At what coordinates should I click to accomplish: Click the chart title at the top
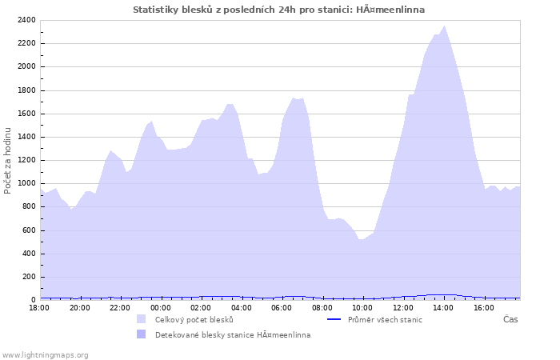(278, 10)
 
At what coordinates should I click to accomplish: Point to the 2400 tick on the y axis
(26, 20)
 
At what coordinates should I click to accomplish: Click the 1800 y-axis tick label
(26, 90)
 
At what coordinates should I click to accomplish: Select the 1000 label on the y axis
(26, 183)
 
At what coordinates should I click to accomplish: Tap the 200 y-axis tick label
(29, 277)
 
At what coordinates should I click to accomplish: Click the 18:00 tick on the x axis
(39, 307)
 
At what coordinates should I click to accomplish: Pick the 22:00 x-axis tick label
(120, 307)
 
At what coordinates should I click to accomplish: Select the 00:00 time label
(160, 307)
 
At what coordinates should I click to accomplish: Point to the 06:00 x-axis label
(282, 307)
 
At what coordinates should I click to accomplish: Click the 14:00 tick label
(443, 307)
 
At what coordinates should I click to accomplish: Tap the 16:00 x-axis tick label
(483, 307)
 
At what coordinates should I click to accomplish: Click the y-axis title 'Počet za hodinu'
(9, 160)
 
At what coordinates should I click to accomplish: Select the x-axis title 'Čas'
(510, 320)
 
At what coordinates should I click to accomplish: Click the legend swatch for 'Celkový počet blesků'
(142, 319)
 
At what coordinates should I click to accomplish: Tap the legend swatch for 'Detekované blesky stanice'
(142, 334)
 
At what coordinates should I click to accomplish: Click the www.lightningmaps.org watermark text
(45, 354)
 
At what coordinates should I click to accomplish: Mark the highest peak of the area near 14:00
(445, 26)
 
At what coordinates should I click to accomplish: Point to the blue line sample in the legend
(334, 320)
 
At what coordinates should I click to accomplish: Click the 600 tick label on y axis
(29, 230)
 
